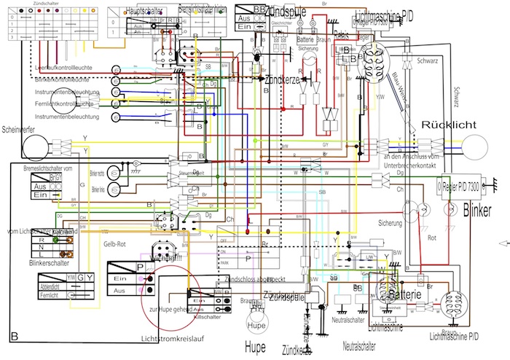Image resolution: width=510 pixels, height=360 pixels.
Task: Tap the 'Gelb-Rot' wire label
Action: click(117, 244)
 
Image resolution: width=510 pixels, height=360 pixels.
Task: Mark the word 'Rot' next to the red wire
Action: click(432, 238)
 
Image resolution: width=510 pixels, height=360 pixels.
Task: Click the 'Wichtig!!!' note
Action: click(165, 257)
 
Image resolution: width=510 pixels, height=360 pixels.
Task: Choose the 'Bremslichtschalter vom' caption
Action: click(49, 168)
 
